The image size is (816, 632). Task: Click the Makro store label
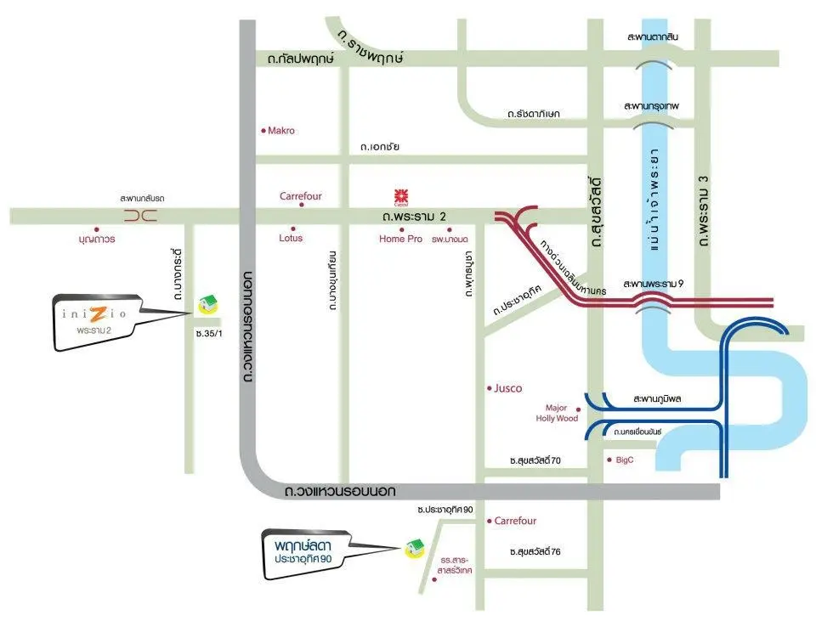point(280,131)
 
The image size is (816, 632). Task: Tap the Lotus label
point(291,239)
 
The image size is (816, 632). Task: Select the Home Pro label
point(400,240)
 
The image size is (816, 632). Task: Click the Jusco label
point(508,388)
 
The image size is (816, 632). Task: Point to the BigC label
point(625,460)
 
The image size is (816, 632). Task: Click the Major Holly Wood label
point(557,413)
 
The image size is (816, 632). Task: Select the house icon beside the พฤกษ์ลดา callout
point(414,547)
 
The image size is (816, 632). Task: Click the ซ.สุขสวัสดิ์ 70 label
point(535,460)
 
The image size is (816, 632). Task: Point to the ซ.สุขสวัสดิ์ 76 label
point(535,552)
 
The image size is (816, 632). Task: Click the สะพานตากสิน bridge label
point(653,38)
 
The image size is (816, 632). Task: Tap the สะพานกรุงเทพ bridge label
point(653,106)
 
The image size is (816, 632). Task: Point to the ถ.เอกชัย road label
point(379,147)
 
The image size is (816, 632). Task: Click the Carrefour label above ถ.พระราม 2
point(301,196)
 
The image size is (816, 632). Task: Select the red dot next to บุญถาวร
point(97,229)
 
